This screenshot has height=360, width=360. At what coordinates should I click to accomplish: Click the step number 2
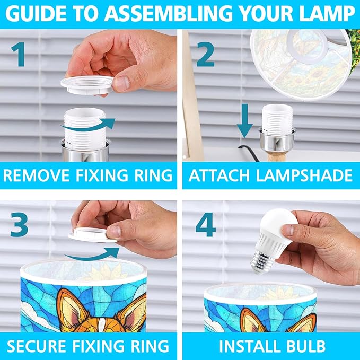(206, 54)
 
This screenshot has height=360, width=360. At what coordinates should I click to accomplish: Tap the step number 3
(19, 224)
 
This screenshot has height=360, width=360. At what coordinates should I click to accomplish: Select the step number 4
(206, 224)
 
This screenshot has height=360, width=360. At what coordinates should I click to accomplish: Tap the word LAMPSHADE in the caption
(304, 175)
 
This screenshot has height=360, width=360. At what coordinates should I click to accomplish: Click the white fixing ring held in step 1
(87, 85)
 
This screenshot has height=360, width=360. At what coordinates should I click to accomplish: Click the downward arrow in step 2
(245, 121)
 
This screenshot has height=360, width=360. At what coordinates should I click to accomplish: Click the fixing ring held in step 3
(93, 235)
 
